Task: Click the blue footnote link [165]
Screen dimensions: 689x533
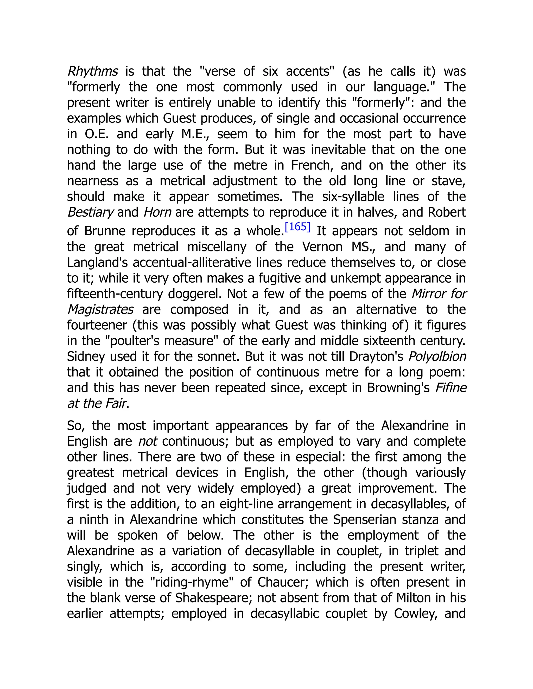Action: click(x=297, y=227)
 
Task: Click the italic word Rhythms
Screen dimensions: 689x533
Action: click(x=92, y=71)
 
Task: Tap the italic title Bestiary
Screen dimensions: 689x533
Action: click(x=90, y=212)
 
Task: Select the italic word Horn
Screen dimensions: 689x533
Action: click(x=157, y=212)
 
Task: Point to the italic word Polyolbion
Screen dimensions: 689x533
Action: click(x=437, y=356)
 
